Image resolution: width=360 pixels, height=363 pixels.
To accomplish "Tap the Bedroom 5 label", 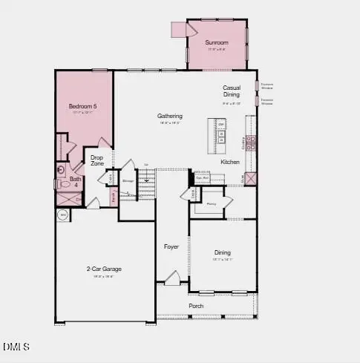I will tap(82, 107).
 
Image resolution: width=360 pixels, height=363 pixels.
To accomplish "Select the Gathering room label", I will tap(170, 117).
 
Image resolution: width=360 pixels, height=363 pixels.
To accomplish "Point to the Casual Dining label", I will tap(232, 91).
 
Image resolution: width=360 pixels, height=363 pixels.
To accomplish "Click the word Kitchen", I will tap(229, 162).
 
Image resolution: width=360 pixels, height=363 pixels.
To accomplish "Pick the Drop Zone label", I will tap(97, 160).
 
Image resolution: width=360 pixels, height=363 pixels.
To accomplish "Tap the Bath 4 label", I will tap(76, 182).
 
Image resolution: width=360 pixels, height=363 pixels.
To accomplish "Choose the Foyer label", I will tap(172, 246).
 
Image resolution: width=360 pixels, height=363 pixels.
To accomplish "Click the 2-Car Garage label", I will tap(104, 269).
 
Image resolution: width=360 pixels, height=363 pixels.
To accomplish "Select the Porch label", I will tap(197, 306).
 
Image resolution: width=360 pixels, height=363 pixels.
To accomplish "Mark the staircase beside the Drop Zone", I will tap(148, 179).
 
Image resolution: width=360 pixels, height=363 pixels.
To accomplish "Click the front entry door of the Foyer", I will tap(172, 279).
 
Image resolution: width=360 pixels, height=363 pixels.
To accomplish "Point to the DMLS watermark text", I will tap(16, 347).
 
